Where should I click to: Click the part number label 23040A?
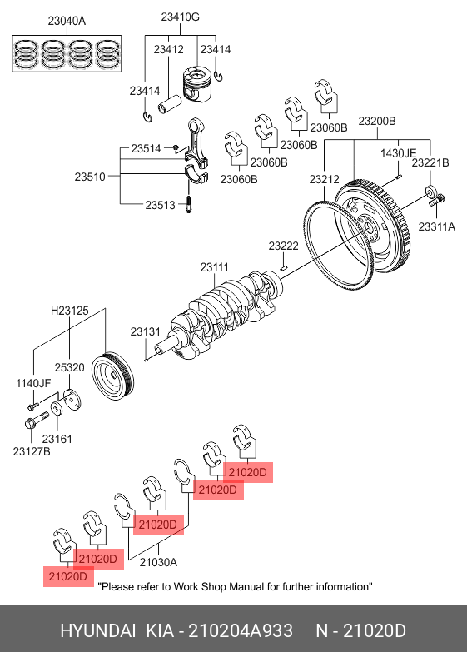point(67,20)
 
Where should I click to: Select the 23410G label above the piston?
point(180,17)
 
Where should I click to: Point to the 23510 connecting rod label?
point(90,177)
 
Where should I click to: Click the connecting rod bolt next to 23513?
point(188,204)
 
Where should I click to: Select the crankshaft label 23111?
point(214,267)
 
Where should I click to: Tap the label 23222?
point(283,246)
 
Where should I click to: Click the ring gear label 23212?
point(324,179)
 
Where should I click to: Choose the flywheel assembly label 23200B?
point(377,121)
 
